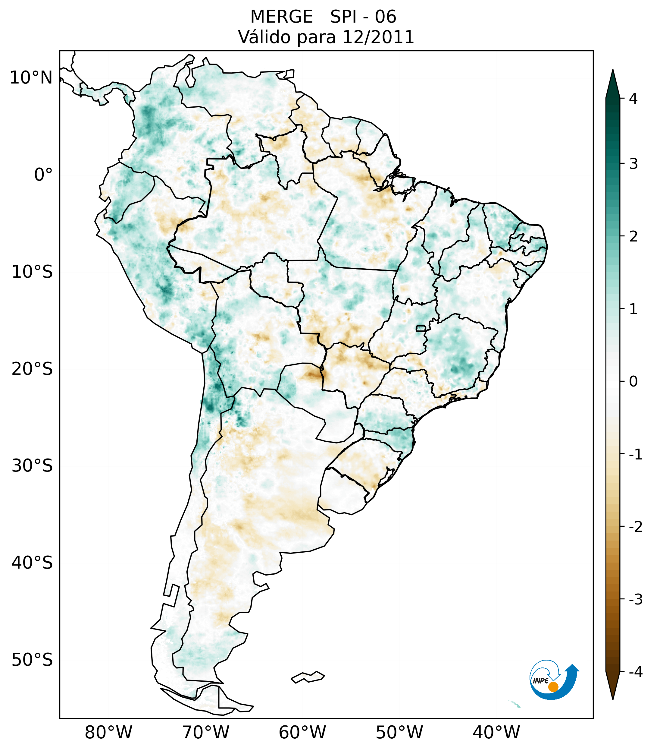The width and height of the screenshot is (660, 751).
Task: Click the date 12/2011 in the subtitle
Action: [378, 37]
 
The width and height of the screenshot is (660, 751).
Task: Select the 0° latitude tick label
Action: [43, 175]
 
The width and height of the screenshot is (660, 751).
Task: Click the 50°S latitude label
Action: [32, 660]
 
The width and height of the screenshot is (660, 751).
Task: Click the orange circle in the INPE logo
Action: [553, 687]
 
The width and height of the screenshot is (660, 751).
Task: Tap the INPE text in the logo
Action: [540, 681]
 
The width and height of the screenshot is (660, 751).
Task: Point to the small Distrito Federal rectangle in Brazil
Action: [421, 328]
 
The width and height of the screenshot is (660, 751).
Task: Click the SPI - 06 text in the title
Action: [363, 17]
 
